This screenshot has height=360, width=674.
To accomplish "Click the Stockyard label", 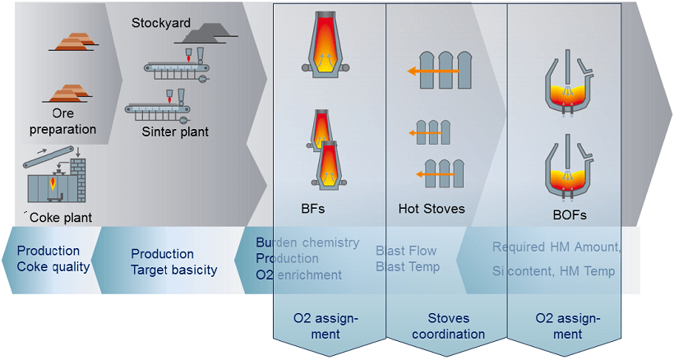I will click(x=161, y=22).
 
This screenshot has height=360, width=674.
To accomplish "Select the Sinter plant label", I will click(x=175, y=132).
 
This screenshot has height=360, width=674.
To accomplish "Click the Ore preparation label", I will click(x=62, y=122).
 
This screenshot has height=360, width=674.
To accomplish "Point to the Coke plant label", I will click(x=62, y=218).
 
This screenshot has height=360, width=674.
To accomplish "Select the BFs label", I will click(x=312, y=209).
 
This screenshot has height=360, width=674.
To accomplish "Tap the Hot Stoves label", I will click(x=432, y=209).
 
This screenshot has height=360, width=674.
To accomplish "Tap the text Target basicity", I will click(x=174, y=270).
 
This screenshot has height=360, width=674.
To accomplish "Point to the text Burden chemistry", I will click(x=307, y=242).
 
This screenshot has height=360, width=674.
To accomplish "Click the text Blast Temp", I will click(x=408, y=266).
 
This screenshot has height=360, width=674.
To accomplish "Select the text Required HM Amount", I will click(x=556, y=247).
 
